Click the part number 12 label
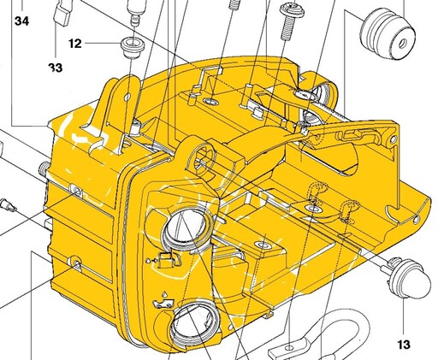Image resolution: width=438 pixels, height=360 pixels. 75,44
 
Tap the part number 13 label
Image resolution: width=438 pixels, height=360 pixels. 404,345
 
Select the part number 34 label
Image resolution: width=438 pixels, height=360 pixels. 21,21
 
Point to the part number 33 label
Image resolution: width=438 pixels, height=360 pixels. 56,68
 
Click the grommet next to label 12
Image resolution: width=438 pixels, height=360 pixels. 133,47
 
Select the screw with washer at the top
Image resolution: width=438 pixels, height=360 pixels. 291,21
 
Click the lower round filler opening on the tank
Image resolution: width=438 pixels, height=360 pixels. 195,325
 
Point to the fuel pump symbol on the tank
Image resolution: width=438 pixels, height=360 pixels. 166,260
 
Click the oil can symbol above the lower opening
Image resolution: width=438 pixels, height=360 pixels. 163,303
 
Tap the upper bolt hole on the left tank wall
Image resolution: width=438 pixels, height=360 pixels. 75,190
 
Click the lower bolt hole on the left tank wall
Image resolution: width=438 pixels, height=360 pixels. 74,263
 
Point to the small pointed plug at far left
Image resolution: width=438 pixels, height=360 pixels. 8,204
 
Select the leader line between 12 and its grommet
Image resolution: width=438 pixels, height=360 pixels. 103,44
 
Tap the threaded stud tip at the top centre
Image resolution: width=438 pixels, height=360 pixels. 234,4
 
